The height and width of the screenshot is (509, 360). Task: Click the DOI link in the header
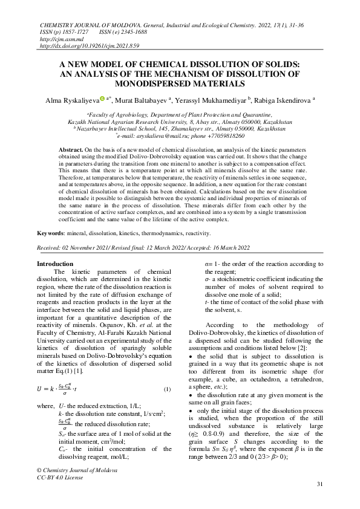[x=97, y=45]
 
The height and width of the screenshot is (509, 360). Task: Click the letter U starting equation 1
[x=39, y=354]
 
